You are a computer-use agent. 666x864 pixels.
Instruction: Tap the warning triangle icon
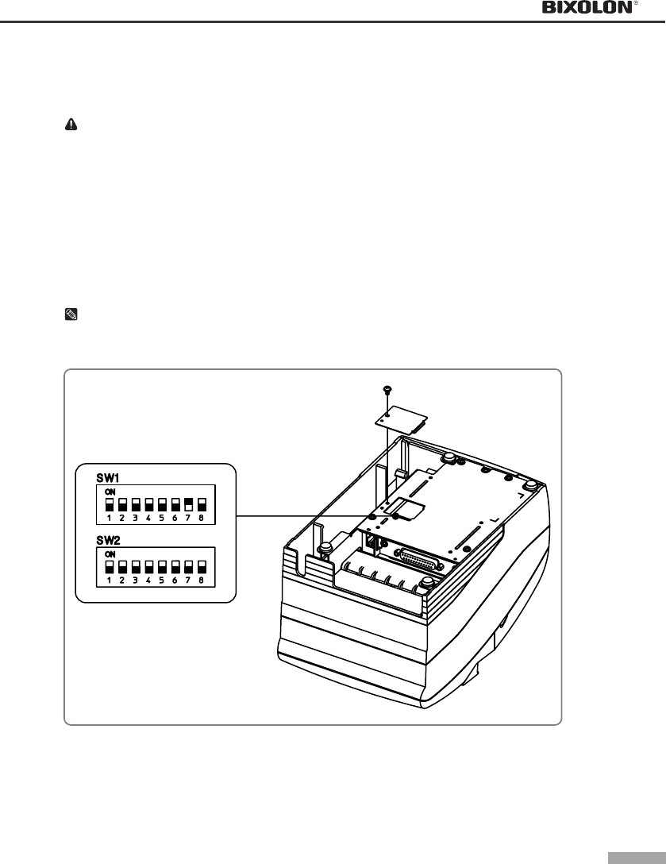click(x=71, y=125)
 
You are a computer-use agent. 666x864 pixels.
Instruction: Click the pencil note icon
click(x=71, y=314)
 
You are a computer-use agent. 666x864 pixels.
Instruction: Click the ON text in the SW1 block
click(x=110, y=492)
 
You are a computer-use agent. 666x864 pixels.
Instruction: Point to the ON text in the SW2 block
click(x=110, y=553)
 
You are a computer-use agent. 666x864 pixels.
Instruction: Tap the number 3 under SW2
click(x=136, y=580)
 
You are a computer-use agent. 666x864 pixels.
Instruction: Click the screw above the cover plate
click(x=385, y=390)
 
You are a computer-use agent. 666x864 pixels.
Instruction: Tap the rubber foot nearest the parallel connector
click(x=428, y=584)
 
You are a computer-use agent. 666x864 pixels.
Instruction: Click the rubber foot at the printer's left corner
click(x=324, y=549)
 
